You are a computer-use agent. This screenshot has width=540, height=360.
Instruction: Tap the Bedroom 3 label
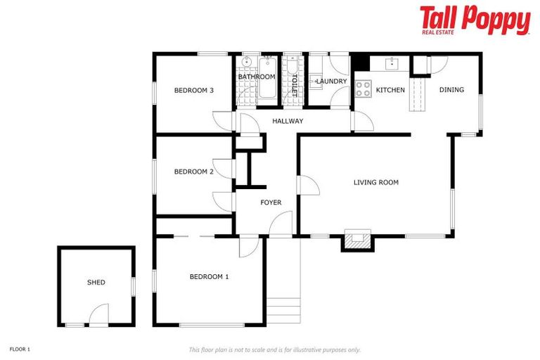[193, 90]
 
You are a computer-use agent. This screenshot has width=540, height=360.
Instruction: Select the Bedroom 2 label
[193, 172]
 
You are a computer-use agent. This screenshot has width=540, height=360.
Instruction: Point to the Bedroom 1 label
[209, 276]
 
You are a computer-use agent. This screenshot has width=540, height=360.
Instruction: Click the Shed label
[96, 282]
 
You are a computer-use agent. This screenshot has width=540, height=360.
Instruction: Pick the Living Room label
[375, 183]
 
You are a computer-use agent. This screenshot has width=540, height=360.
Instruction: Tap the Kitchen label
[390, 90]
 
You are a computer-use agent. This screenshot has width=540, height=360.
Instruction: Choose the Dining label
[451, 89]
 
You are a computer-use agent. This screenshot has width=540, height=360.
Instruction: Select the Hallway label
[288, 121]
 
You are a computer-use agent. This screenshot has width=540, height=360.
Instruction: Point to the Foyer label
[271, 202]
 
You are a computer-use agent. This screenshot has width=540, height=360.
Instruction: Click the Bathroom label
[256, 77]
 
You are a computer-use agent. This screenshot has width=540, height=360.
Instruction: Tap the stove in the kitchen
[363, 89]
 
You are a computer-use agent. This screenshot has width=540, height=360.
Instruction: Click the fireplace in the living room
[358, 240]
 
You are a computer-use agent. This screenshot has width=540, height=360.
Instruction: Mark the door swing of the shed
[99, 315]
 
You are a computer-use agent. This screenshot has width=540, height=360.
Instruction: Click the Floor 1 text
[20, 349]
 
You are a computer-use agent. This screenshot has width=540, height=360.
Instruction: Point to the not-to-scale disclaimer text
[274, 349]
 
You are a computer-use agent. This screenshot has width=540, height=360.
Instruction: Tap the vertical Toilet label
[294, 84]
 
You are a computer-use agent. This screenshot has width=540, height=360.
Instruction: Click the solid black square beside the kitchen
[360, 63]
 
